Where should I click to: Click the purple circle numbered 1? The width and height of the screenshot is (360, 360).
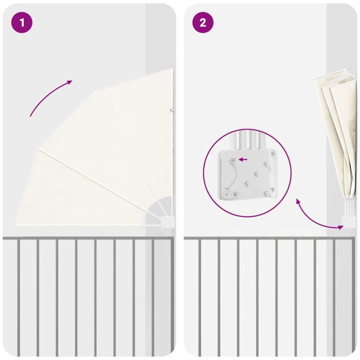coord(22,22)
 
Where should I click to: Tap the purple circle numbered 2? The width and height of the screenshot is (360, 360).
coord(203,22)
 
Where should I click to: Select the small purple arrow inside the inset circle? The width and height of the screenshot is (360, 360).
coord(243,159)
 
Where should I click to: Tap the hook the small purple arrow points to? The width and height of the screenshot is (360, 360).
coord(233,159)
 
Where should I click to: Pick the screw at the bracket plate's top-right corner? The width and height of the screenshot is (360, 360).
coord(273,153)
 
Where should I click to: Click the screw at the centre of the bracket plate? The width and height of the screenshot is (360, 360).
coord(256,174)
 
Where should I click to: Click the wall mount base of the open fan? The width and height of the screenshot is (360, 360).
coord(167,222)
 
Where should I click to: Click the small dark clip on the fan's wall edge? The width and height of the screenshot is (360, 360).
coord(172,110)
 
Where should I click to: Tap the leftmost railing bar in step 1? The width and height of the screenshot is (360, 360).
coord(18,297)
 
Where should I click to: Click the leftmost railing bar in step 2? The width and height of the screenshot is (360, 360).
coord(200,297)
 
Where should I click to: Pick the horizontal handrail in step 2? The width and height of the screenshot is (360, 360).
coord(268,238)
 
